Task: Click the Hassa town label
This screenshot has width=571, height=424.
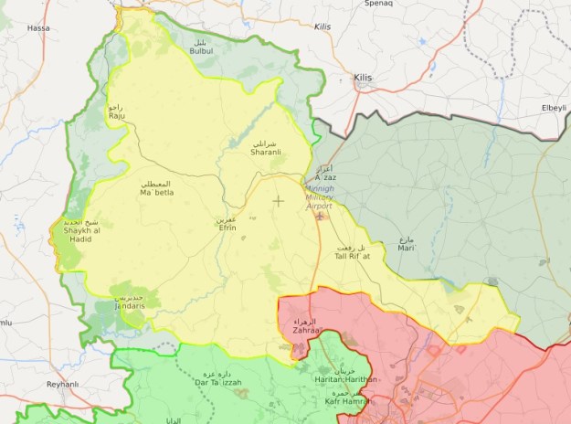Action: tap(38, 28)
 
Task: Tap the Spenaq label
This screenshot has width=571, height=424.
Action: tap(378, 4)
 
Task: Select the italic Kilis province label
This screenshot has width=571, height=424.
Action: tap(322, 27)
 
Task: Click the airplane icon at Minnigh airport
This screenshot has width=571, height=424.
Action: tap(319, 217)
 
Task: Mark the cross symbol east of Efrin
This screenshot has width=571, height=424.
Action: tap(279, 200)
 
